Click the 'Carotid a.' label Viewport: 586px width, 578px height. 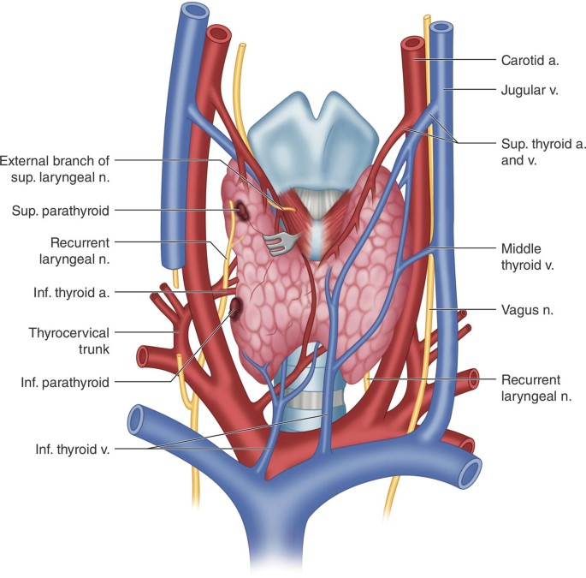(529, 60)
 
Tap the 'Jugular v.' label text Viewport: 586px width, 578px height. (529, 88)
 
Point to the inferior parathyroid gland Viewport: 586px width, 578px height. (234, 307)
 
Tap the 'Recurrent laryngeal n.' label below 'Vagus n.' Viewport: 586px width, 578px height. (530, 386)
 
